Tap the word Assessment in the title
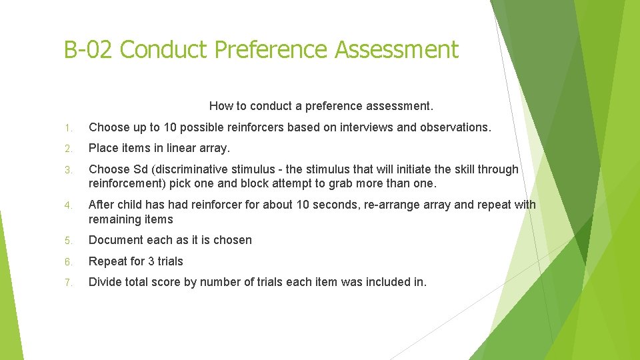coord(397,50)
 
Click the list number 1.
coord(69,127)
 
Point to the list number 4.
coord(69,205)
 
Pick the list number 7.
coord(69,282)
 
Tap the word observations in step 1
coord(455,127)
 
